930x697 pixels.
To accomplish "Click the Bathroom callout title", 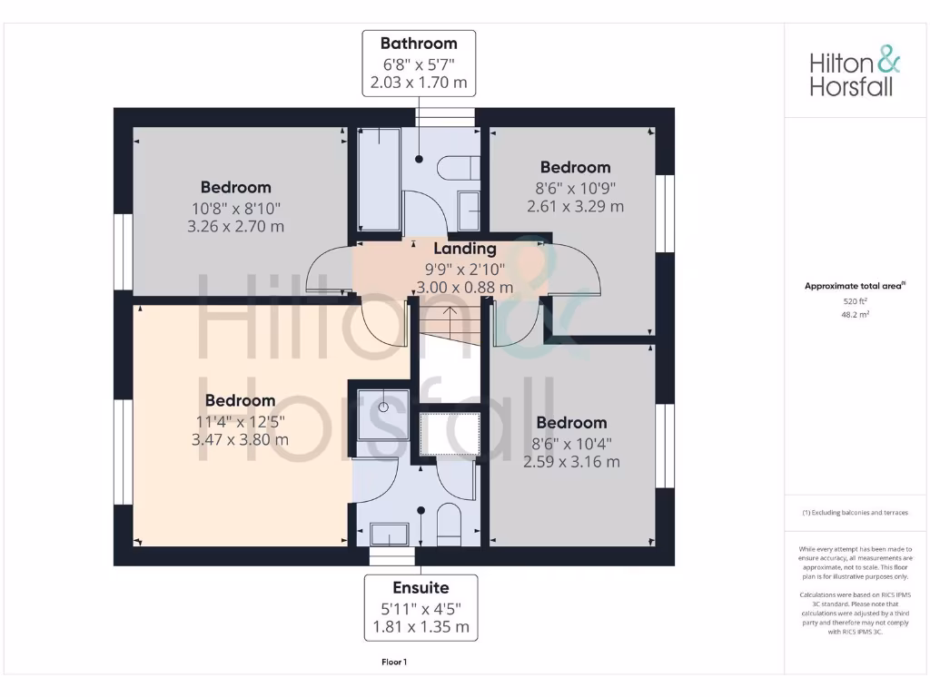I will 419,44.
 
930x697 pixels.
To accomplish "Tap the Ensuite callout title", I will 420,587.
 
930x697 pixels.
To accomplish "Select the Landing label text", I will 464,248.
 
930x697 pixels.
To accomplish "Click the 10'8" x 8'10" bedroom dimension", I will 235,208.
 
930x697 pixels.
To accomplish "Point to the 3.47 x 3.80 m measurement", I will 240,439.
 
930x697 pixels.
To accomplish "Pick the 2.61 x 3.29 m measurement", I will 575,206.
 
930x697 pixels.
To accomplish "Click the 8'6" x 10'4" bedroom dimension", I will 571,443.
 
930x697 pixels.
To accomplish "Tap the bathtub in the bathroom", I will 378,179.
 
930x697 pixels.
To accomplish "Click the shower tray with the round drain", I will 381,407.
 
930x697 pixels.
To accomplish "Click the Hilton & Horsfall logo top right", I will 855,74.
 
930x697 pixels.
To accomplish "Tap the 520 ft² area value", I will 854,300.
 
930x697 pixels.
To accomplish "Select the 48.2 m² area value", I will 854,315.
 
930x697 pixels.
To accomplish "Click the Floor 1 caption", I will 394,663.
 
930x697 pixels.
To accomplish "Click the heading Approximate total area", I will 855,286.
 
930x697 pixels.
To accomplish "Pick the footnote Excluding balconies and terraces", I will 855,513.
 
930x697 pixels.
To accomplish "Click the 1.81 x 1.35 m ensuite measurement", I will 420,626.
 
